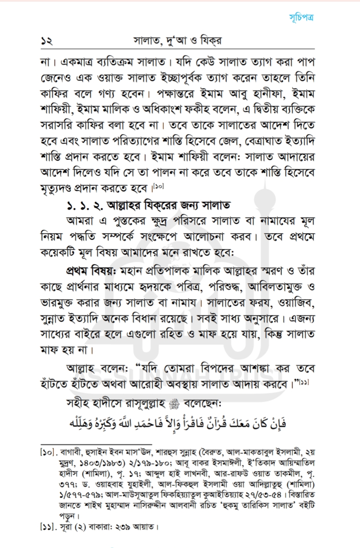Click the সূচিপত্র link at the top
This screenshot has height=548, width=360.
pos(301,17)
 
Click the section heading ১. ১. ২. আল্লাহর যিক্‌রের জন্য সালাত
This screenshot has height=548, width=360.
pos(148,205)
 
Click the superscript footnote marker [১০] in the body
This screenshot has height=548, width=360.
pos(159,187)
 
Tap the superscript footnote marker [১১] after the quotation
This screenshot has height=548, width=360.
pos(304,383)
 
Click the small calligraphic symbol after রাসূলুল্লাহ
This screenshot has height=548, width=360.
pos(173,405)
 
